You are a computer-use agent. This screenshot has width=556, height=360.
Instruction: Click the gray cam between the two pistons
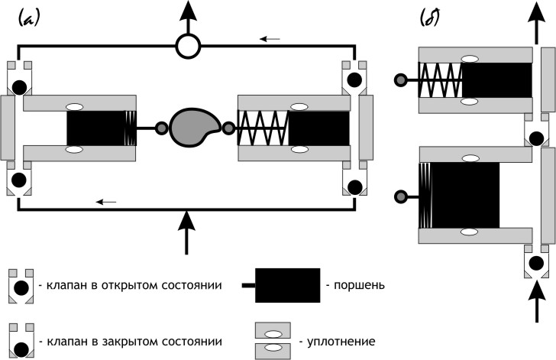[x=193, y=127]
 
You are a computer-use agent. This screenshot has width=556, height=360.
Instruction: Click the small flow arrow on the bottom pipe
[x=106, y=202]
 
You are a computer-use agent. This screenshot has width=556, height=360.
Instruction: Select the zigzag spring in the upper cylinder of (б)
[x=439, y=79]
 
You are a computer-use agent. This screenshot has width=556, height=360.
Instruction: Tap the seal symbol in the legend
[x=272, y=340]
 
